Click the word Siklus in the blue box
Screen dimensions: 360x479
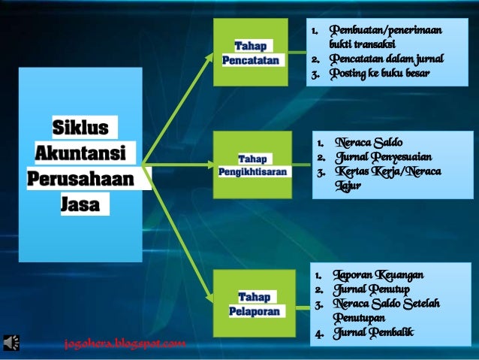[80, 126]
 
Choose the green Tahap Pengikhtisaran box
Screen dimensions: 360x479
[252, 165]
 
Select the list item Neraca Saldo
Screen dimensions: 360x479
[369, 142]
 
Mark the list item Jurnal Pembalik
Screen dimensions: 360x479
[375, 332]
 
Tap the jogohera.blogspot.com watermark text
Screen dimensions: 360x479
[125, 344]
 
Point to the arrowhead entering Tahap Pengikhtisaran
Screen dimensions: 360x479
[209, 165]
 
